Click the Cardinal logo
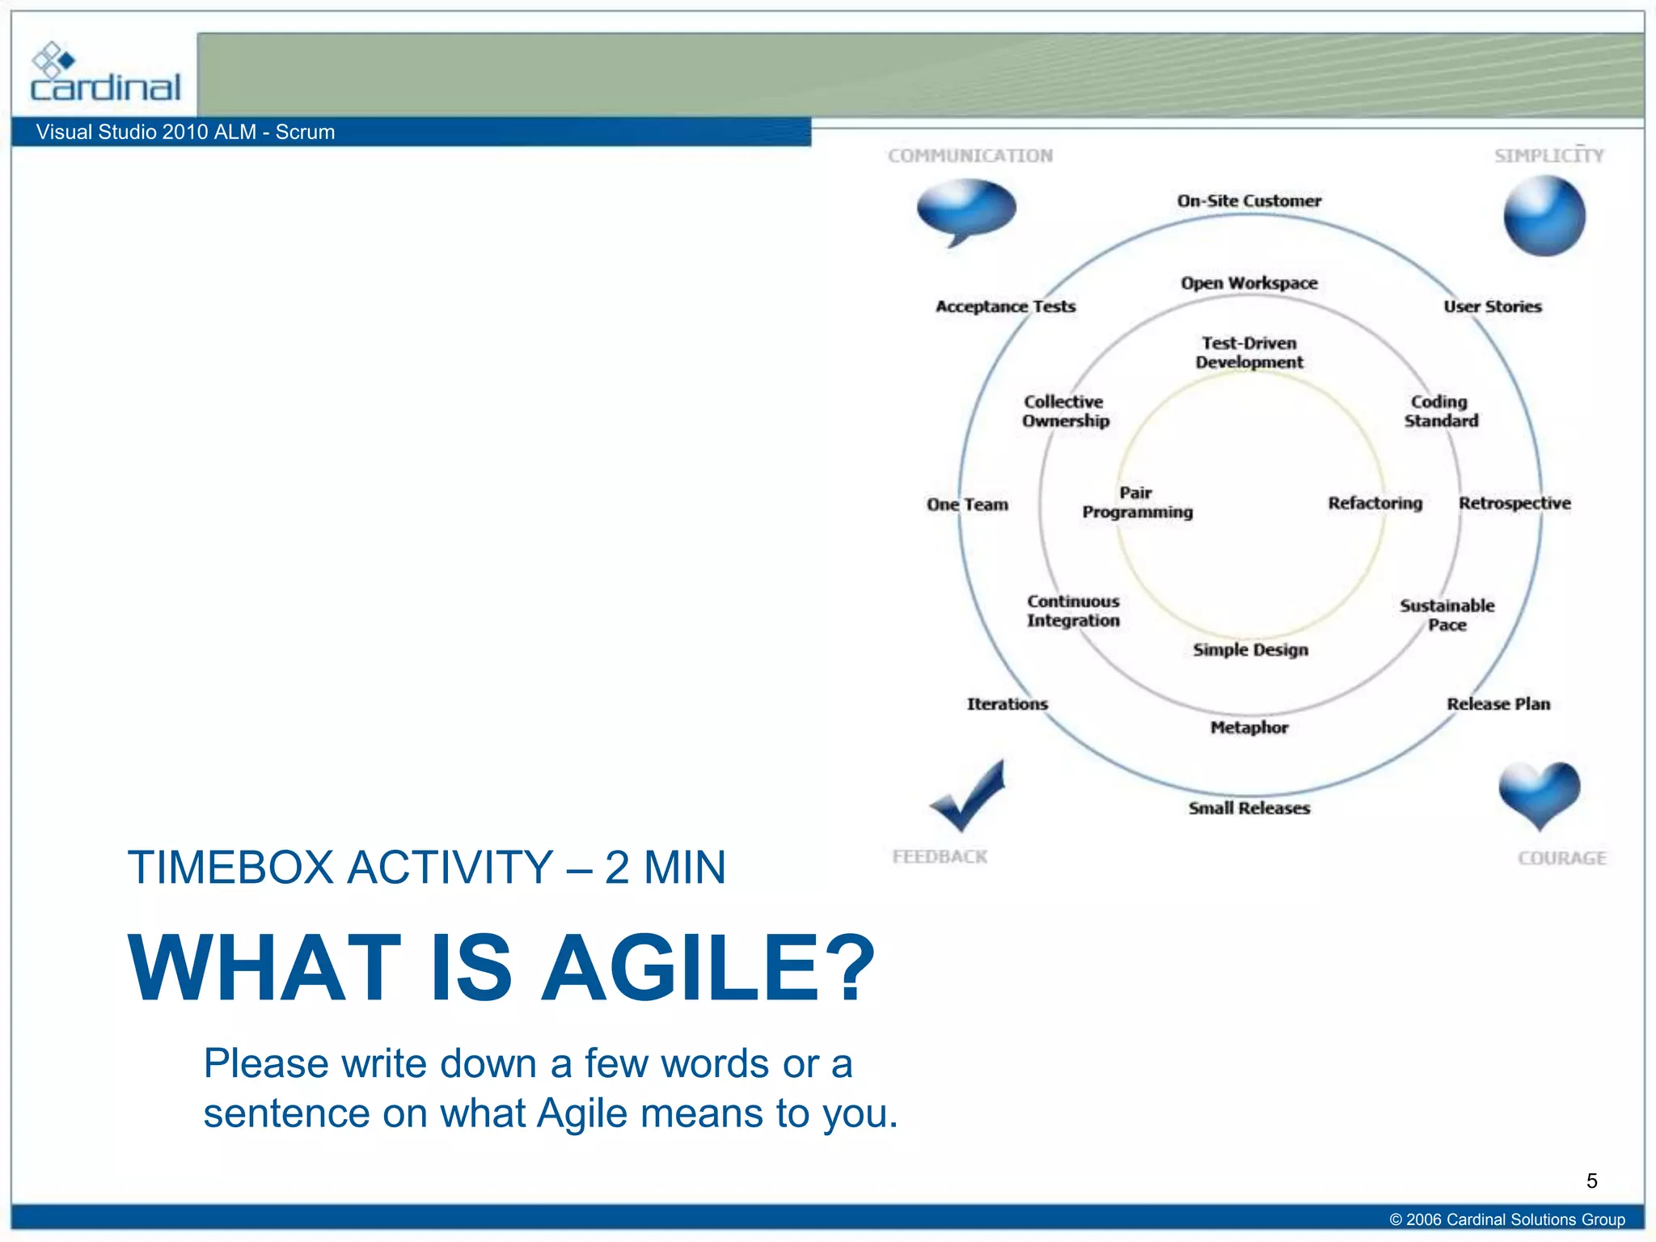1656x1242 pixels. click(105, 74)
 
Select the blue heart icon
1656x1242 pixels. click(1539, 792)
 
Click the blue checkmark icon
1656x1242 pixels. click(968, 797)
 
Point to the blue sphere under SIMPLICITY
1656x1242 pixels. click(1544, 217)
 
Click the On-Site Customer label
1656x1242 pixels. click(1248, 201)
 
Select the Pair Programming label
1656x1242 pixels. click(1137, 502)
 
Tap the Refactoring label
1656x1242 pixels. click(1375, 503)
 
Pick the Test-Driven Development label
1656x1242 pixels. click(1249, 353)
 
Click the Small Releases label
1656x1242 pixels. click(1248, 808)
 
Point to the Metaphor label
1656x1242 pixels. click(1248, 727)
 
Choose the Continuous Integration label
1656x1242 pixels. click(1073, 610)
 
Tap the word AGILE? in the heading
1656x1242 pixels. click(708, 968)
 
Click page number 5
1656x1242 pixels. click(1591, 1181)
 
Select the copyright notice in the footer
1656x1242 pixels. click(1506, 1219)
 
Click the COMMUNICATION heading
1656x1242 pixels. click(970, 155)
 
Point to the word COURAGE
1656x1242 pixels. click(1561, 858)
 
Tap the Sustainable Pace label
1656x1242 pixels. click(1447, 615)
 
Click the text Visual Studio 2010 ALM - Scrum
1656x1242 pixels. click(185, 132)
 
